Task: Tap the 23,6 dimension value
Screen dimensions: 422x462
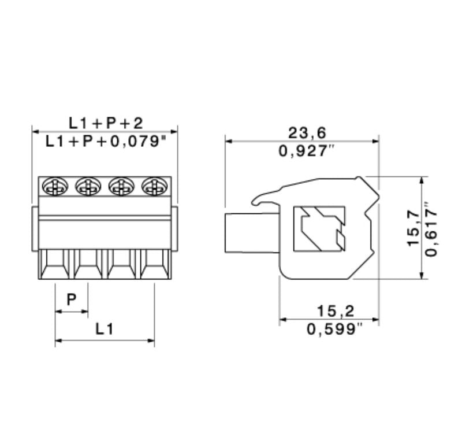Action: click(x=307, y=133)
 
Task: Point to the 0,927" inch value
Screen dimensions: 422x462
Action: click(x=307, y=151)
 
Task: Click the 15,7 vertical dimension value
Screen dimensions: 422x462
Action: click(x=413, y=228)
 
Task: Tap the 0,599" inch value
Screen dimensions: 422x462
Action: click(x=335, y=330)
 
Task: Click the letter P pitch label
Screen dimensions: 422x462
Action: click(x=72, y=299)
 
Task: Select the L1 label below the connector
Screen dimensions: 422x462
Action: click(x=104, y=329)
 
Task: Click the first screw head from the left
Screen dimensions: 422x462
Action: click(x=55, y=186)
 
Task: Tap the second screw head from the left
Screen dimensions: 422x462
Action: click(x=88, y=186)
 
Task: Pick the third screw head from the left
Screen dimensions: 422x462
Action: click(x=121, y=186)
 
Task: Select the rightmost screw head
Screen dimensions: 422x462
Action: click(x=154, y=186)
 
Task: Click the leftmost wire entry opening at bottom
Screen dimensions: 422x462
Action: click(x=55, y=265)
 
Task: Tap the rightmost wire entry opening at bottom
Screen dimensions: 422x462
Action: click(x=155, y=265)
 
